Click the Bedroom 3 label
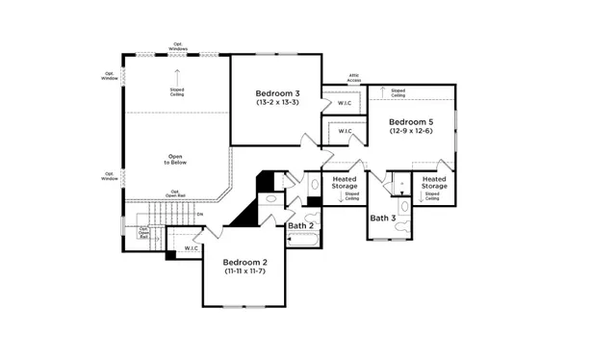[276, 92]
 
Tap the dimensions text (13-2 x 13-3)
[276, 102]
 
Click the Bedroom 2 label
[245, 262]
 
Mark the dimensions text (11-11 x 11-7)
[245, 271]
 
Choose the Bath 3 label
[383, 219]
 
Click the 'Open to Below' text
[174, 159]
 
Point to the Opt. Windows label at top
[178, 44]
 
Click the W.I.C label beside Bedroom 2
[191, 248]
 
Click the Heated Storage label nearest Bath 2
[345, 182]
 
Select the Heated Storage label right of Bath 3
[434, 182]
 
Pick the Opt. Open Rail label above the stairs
[175, 193]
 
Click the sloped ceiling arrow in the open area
[177, 75]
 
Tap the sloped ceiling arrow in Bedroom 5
[383, 92]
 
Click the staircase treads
[154, 216]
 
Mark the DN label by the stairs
[199, 213]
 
